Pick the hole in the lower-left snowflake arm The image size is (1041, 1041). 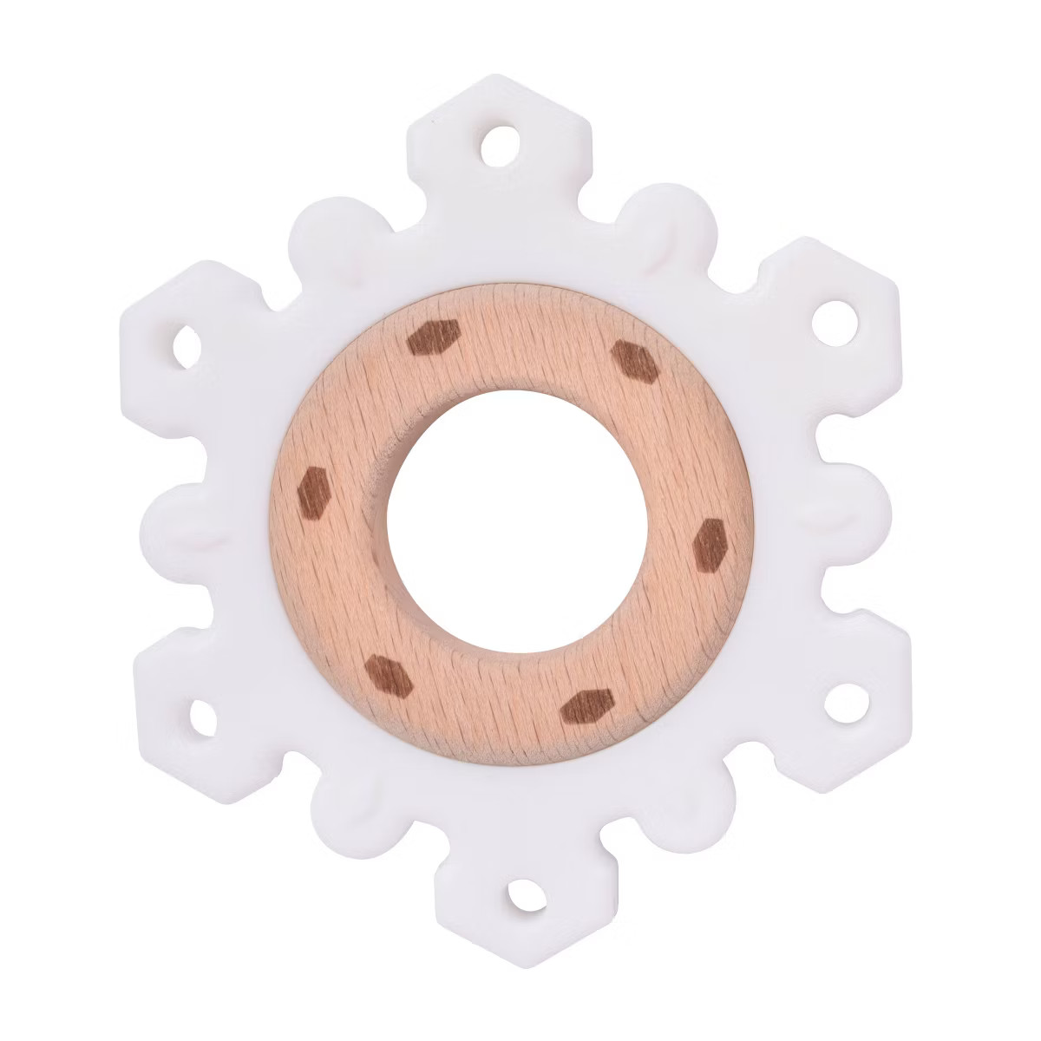201,717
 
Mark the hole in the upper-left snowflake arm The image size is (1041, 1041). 187,346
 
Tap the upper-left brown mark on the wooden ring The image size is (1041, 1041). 433,337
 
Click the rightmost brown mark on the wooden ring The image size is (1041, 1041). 710,545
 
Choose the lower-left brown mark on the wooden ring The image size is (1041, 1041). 387,675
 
